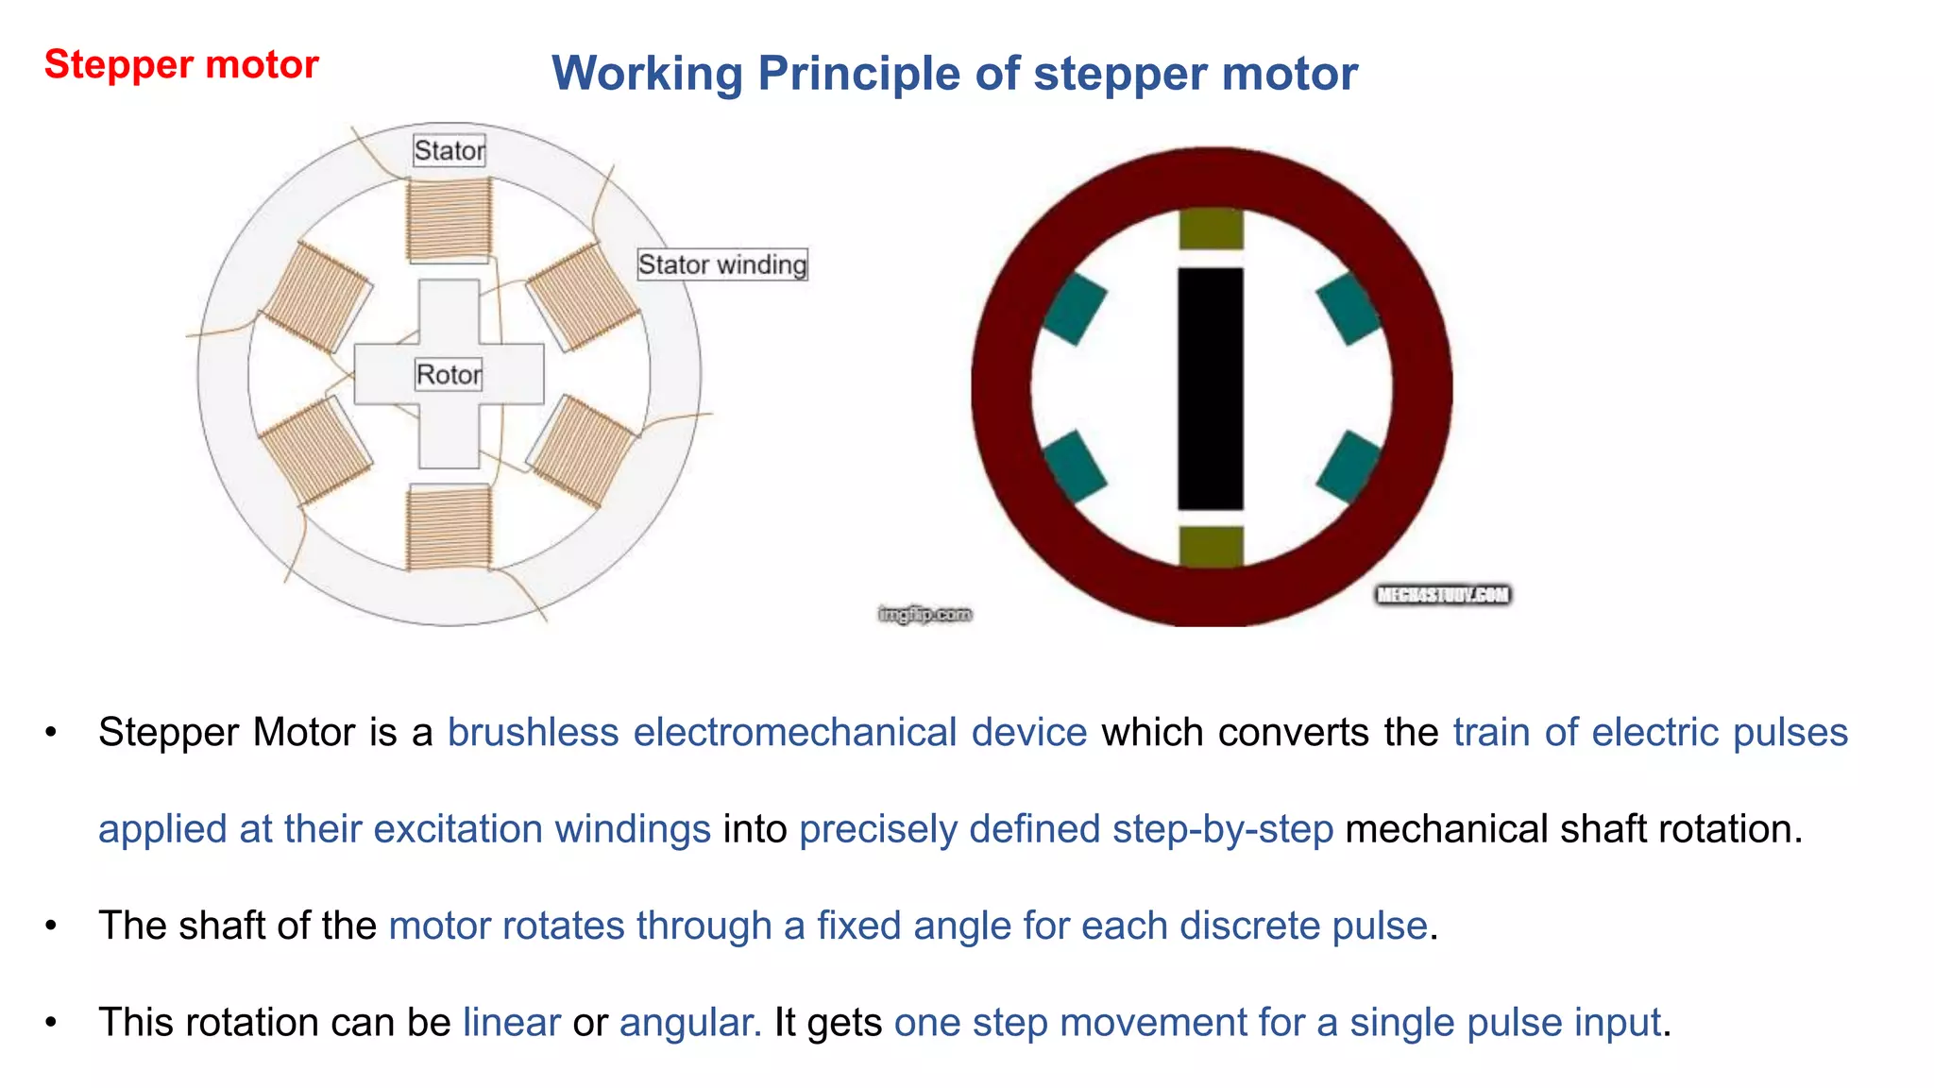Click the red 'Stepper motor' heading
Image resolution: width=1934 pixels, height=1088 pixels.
pos(181,64)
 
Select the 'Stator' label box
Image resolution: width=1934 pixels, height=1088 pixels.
pos(450,150)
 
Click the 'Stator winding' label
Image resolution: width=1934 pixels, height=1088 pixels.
pos(722,264)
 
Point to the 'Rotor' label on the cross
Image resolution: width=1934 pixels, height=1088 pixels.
pos(449,375)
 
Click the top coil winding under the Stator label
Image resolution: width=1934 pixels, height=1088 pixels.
pos(450,220)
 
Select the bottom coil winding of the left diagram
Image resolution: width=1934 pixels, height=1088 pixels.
pos(450,527)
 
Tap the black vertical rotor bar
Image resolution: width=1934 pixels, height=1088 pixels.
pos(1211,388)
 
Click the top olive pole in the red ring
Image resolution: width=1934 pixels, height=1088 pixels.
pos(1212,229)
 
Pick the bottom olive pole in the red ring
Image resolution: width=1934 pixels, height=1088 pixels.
pos(1212,546)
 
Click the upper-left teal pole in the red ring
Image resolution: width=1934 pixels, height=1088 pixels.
pos(1075,309)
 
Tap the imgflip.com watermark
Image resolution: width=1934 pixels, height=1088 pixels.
pos(925,615)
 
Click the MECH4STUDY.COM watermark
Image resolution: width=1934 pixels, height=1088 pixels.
pos(1443,595)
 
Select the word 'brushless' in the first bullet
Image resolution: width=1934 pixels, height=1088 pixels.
pos(533,733)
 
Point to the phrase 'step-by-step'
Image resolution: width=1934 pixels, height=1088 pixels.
pos(1223,829)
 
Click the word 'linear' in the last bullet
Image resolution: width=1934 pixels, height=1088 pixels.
pos(512,1023)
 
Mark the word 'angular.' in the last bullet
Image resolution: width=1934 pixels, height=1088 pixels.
pos(690,1023)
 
